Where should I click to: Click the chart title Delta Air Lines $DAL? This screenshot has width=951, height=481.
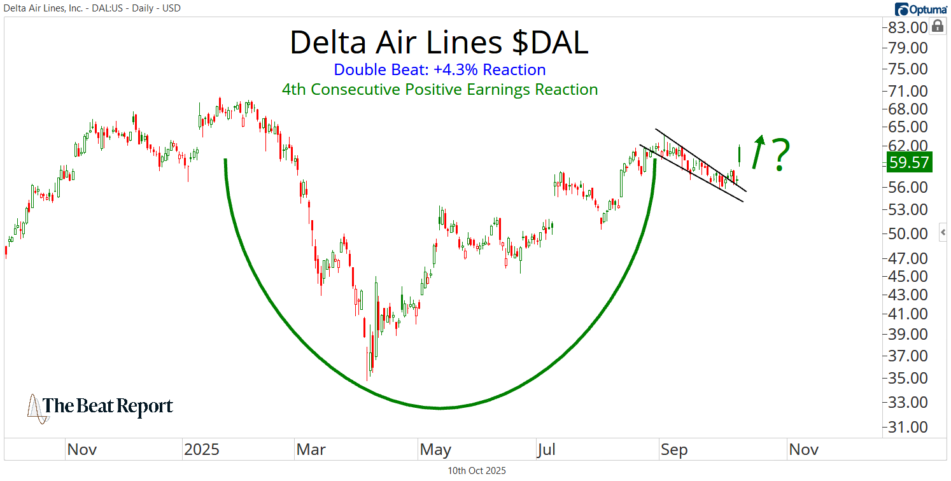[439, 43]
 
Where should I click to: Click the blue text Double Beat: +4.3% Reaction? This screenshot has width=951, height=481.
[439, 69]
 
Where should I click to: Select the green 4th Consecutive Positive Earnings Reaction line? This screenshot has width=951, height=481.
[439, 90]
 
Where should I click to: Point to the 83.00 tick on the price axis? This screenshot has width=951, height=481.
[908, 27]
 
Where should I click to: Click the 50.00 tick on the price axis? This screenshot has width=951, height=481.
[908, 234]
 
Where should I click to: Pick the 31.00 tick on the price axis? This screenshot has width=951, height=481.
[908, 427]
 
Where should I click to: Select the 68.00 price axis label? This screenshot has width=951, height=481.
[908, 109]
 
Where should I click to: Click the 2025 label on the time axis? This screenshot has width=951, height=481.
[201, 450]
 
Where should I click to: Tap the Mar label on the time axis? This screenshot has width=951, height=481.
[311, 450]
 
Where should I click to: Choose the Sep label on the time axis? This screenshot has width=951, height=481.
[674, 450]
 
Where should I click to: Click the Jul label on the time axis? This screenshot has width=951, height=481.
[546, 450]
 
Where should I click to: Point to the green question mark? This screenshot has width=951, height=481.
[780, 155]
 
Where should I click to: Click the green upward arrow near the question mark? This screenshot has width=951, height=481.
[757, 151]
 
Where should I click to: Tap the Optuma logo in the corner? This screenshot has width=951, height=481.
[920, 9]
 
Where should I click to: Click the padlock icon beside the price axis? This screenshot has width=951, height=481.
[937, 26]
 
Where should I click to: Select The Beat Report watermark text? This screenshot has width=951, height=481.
[107, 406]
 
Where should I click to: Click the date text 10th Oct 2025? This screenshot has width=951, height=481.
[477, 471]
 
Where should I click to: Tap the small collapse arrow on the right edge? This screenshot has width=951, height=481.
[943, 232]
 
